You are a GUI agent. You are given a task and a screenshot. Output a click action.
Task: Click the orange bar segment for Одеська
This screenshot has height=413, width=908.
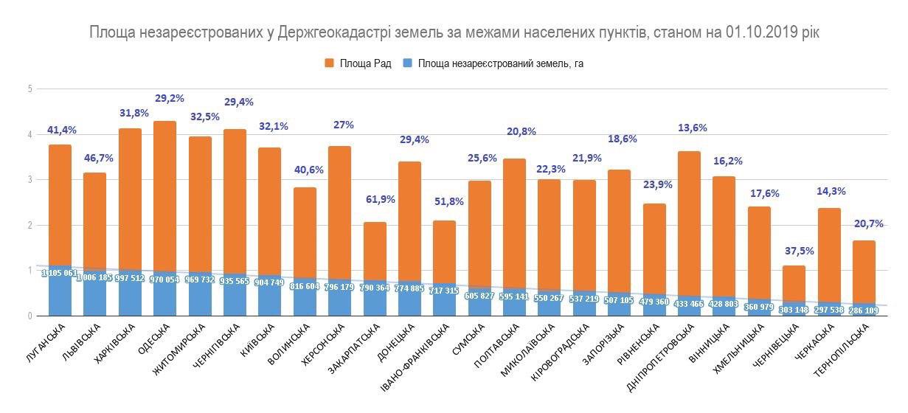(164, 195)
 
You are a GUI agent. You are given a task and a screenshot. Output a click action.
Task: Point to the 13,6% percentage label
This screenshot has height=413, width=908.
(692, 128)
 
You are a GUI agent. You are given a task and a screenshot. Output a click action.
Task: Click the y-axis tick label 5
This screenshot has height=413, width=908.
(30, 89)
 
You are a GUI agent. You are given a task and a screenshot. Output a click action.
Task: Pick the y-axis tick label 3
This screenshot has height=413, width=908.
(30, 180)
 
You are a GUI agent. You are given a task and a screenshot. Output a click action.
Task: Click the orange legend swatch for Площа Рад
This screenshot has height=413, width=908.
(330, 63)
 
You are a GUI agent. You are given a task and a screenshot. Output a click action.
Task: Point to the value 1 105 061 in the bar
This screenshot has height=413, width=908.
(60, 273)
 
